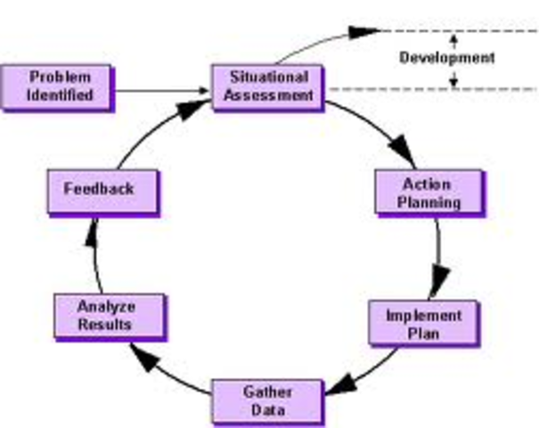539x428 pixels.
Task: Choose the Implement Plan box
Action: tap(423, 325)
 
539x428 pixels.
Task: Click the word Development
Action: tap(446, 59)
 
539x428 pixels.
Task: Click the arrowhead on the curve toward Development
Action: tap(365, 33)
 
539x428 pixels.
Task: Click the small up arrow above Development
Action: tap(453, 39)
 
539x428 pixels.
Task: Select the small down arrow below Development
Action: tap(453, 82)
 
